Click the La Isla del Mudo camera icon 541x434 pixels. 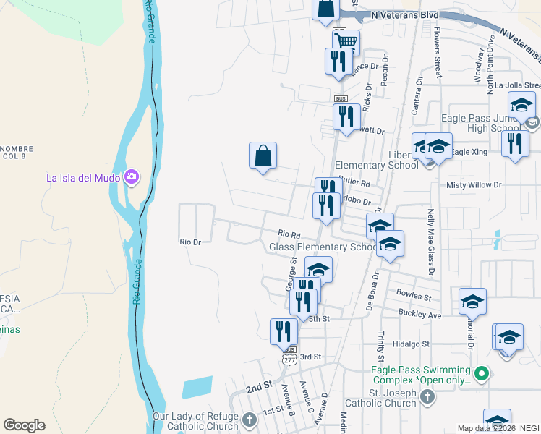pyautogui.click(x=131, y=176)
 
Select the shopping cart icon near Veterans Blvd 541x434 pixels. pyautogui.click(x=346, y=43)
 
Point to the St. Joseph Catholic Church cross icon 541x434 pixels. pyautogui.click(x=427, y=397)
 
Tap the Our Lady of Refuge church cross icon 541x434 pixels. pyautogui.click(x=250, y=420)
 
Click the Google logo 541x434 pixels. pyautogui.click(x=24, y=425)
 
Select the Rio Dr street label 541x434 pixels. pyautogui.click(x=189, y=242)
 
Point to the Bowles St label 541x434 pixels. pyautogui.click(x=414, y=295)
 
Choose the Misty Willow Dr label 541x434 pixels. pyautogui.click(x=474, y=185)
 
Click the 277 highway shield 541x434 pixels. pyautogui.click(x=289, y=359)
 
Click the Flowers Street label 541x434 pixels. pyautogui.click(x=438, y=53)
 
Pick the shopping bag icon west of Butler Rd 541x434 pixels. pyautogui.click(x=263, y=156)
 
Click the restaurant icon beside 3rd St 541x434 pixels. pyautogui.click(x=283, y=332)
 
